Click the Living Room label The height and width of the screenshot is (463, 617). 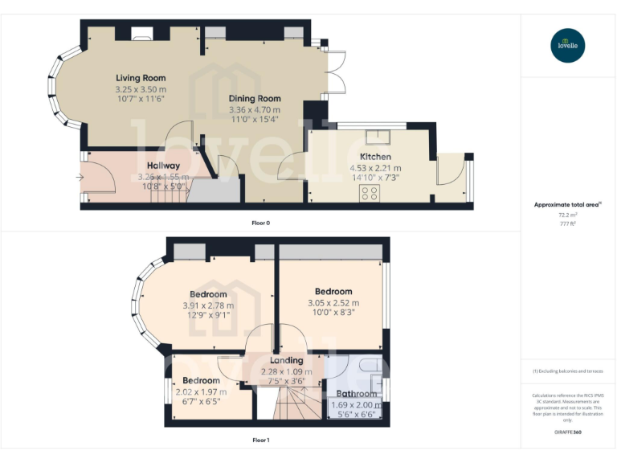[141, 78]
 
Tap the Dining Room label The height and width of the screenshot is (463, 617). [254, 97]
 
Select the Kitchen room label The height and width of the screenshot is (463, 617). [375, 156]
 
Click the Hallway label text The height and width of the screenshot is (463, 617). [163, 166]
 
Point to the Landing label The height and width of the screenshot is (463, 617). [287, 360]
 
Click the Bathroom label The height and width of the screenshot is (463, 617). [357, 394]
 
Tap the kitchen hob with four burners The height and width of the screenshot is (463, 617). [371, 192]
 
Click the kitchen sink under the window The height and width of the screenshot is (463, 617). [375, 136]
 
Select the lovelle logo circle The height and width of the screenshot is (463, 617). [569, 45]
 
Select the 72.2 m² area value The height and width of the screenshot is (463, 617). [568, 215]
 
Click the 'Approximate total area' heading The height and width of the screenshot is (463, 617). [566, 205]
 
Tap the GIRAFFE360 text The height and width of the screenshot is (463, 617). [568, 432]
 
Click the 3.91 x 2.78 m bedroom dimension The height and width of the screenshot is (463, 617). [207, 305]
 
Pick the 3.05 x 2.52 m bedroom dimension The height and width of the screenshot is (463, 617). [333, 302]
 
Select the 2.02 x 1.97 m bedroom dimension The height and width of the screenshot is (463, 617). [201, 391]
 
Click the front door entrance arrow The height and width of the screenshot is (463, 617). [83, 177]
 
